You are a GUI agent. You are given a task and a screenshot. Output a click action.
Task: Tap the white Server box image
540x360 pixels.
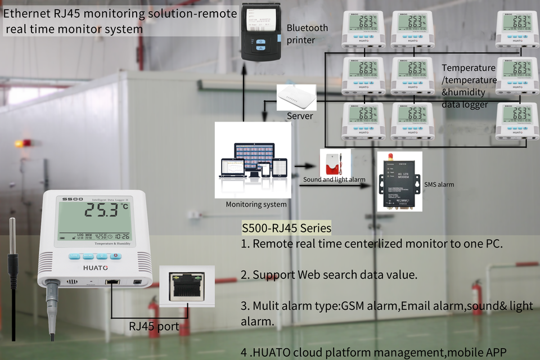pyautogui.click(x=296, y=97)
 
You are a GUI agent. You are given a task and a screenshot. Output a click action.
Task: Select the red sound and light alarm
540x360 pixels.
pyautogui.click(x=334, y=163)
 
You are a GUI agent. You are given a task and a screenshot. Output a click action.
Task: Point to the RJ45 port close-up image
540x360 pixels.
pyautogui.click(x=187, y=286)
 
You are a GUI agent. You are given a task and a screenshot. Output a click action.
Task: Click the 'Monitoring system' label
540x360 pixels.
pyautogui.click(x=256, y=204)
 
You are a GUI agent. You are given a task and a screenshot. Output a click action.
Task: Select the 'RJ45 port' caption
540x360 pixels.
pyautogui.click(x=155, y=326)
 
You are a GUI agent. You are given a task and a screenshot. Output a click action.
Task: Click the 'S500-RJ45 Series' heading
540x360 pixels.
pyautogui.click(x=286, y=228)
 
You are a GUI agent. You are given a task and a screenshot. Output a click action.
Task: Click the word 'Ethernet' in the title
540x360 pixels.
pyautogui.click(x=26, y=14)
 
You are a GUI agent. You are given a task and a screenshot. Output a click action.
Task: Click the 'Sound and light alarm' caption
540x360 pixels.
pyautogui.click(x=334, y=179)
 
